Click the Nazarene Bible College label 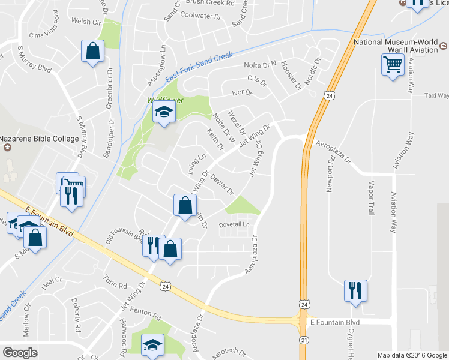(x=40, y=139)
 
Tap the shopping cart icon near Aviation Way (x=392, y=65)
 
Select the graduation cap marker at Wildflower (x=163, y=112)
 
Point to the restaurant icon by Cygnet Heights (x=355, y=290)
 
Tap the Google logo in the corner (x=20, y=352)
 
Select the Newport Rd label (x=330, y=175)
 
